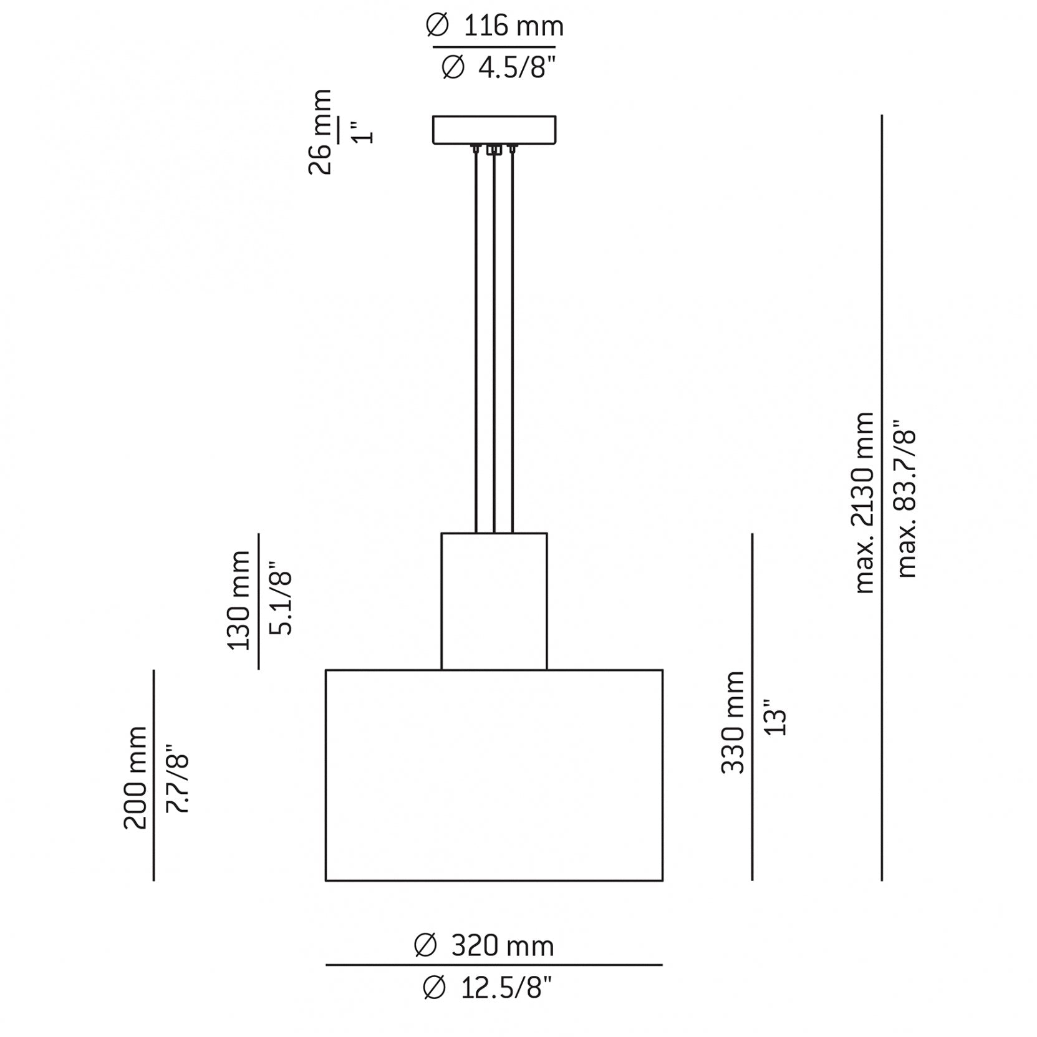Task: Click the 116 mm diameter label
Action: click(494, 26)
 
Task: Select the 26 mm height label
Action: click(321, 132)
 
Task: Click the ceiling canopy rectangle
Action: click(494, 129)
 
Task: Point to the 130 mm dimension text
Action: click(239, 600)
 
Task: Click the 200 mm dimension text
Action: click(135, 777)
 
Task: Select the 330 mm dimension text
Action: click(733, 723)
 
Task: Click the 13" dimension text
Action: click(776, 721)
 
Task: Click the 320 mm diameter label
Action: click(484, 946)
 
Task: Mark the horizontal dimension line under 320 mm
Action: click(494, 965)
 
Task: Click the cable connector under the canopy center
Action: click(494, 150)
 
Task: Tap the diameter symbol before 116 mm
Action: click(437, 26)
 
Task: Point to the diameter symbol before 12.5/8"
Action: click(434, 988)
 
